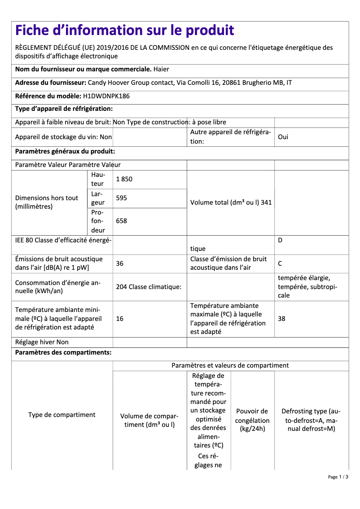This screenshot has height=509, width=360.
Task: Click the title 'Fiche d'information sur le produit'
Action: [x=125, y=31]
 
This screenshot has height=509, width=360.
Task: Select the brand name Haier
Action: [x=161, y=69]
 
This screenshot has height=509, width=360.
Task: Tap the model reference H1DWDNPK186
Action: [x=106, y=96]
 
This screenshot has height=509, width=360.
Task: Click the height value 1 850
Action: [x=124, y=179]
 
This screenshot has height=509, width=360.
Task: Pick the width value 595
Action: [x=122, y=198]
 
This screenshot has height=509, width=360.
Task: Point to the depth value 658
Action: [x=122, y=221]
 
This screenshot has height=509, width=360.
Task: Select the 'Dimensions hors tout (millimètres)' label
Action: [x=47, y=202]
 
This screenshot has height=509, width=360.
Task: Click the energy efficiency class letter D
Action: [x=280, y=240]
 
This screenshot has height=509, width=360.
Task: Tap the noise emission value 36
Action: [x=120, y=263]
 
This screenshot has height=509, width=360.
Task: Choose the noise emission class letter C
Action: [x=280, y=263]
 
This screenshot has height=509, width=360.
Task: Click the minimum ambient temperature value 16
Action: [x=120, y=319]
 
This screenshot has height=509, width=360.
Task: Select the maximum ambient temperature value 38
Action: [x=282, y=319]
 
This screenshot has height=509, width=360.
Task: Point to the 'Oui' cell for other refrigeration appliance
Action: [x=283, y=137]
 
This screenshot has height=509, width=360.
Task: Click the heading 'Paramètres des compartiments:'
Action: [x=63, y=352]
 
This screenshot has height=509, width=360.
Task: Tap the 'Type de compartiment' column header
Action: [x=62, y=415]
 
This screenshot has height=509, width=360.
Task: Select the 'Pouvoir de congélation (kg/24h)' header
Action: [x=252, y=420]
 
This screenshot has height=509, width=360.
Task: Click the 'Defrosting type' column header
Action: [x=311, y=420]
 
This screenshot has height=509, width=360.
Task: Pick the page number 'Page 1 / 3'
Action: [x=338, y=477]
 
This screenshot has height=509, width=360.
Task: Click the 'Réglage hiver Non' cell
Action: [x=42, y=342]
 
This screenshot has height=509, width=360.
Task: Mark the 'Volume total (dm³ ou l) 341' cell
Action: [x=231, y=202]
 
